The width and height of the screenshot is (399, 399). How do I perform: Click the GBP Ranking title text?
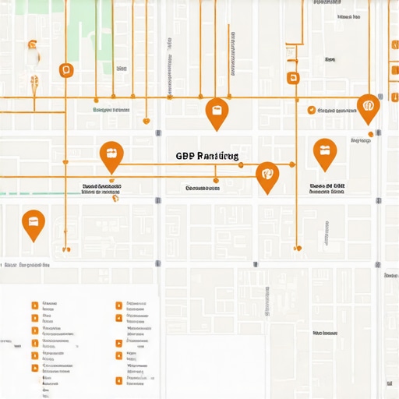tap(207, 157)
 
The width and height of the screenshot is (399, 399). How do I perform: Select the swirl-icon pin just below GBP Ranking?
tap(267, 175)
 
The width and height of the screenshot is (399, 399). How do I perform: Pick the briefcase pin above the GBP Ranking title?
tap(216, 111)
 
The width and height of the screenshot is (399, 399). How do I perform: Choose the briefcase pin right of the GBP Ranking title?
tap(324, 152)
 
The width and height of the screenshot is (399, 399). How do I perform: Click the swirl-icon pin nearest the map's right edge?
tap(368, 106)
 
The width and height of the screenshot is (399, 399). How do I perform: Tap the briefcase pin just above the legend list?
tap(34, 224)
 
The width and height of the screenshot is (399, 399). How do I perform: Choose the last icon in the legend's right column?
tap(118, 381)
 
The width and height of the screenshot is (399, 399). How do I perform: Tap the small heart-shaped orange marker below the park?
tap(146, 121)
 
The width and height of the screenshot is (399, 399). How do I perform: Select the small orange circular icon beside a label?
tap(311, 111)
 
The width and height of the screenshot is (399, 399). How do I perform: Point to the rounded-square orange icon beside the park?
tap(65, 70)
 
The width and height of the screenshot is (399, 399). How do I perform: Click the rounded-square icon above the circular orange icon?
tap(293, 77)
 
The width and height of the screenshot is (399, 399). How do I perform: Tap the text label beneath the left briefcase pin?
tap(102, 187)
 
